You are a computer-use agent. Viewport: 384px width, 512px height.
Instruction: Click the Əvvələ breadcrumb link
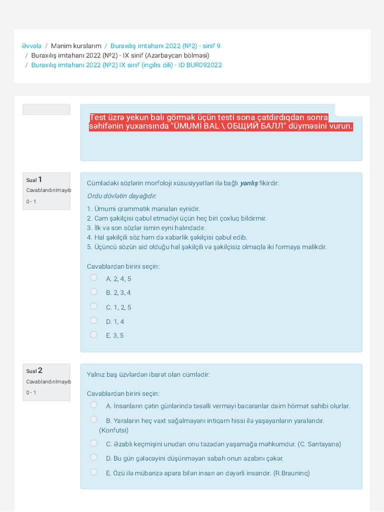pyautogui.click(x=31, y=46)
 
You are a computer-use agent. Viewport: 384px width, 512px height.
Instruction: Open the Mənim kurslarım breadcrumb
pyautogui.click(x=76, y=46)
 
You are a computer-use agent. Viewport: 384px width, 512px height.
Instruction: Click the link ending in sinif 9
pyautogui.click(x=165, y=46)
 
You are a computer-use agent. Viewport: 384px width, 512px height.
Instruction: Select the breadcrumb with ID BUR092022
pyautogui.click(x=126, y=65)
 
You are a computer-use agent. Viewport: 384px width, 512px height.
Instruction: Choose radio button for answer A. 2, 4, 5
pyautogui.click(x=93, y=277)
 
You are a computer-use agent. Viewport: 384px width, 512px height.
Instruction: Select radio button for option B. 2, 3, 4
pyautogui.click(x=93, y=291)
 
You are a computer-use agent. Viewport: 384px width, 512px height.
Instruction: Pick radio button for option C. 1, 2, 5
pyautogui.click(x=93, y=306)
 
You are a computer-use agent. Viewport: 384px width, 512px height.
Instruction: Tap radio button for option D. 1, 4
pyautogui.click(x=93, y=320)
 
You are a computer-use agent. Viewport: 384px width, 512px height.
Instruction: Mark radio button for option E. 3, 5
pyautogui.click(x=93, y=334)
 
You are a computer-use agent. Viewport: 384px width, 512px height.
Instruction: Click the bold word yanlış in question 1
pyautogui.click(x=248, y=183)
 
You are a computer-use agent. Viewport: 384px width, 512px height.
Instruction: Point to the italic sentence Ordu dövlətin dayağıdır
pyautogui.click(x=121, y=196)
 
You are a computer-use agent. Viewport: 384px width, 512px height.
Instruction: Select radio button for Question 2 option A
pyautogui.click(x=93, y=405)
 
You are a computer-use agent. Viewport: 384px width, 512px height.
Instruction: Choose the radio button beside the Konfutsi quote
pyautogui.click(x=93, y=419)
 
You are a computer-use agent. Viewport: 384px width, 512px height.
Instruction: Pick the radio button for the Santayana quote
pyautogui.click(x=93, y=443)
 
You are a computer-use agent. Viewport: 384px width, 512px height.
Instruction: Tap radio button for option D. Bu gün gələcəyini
pyautogui.click(x=93, y=457)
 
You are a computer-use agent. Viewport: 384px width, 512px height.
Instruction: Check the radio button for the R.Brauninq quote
pyautogui.click(x=93, y=471)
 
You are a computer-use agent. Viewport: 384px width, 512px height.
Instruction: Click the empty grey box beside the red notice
pyautogui.click(x=46, y=109)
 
